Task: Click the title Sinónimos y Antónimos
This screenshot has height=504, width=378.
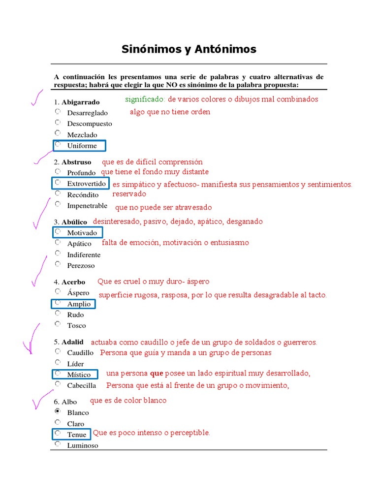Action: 189,49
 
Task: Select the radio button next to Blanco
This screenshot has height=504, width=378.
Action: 58,411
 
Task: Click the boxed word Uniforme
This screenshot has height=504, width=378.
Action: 82,146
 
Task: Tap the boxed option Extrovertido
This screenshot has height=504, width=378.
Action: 86,184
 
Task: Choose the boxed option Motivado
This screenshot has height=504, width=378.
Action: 82,232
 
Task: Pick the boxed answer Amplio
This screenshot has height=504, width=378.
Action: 79,304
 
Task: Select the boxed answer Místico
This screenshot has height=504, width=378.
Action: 79,375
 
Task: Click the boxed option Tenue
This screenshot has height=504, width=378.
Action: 76,434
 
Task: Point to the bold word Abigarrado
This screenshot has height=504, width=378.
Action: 81,102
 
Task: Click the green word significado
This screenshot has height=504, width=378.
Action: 145,99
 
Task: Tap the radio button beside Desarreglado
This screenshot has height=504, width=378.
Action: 58,112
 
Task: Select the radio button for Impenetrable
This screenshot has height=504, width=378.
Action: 58,204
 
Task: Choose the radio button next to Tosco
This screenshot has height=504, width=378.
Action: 58,324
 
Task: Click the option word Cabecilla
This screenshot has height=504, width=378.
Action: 82,385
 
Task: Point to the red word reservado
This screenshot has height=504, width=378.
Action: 129,194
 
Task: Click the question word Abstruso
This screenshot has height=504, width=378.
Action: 76,162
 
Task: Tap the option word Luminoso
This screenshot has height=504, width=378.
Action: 83,445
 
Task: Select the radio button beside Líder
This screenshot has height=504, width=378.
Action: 58,363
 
